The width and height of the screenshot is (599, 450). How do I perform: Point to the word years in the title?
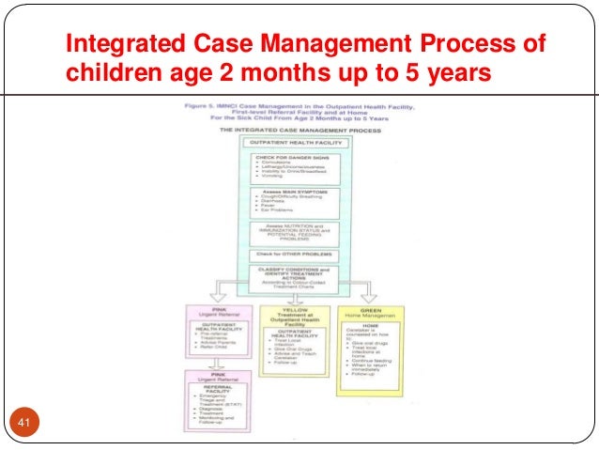tap(454, 72)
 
